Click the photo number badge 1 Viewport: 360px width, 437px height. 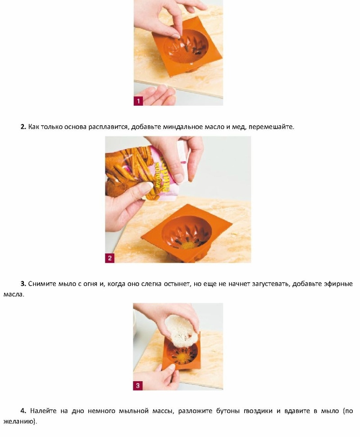pos(139,101)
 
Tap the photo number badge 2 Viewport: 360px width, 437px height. pos(109,258)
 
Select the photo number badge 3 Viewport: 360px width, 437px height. pos(138,386)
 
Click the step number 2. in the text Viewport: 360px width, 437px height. pos(23,127)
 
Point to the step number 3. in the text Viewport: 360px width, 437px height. pos(23,284)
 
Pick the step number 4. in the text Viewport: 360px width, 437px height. pos(23,411)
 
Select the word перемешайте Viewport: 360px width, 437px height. pos(272,127)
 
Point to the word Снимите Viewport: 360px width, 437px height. pos(42,284)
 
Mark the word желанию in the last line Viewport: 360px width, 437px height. pos(20,421)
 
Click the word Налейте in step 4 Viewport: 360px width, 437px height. pos(43,411)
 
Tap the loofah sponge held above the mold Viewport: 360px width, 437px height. pos(182,331)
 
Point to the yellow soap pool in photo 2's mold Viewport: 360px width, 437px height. pos(189,246)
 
